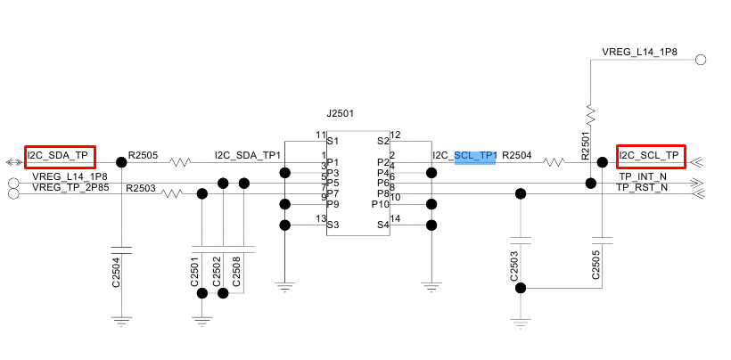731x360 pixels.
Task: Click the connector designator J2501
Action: [341, 114]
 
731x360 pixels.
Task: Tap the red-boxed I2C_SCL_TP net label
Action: [651, 156]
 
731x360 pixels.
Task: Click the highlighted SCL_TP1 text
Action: [475, 156]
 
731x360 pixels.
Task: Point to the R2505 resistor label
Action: [143, 155]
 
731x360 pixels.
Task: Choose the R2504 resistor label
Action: [516, 155]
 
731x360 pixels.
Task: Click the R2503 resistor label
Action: [141, 188]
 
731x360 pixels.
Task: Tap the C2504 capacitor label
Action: [116, 271]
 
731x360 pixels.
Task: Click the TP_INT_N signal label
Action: [643, 177]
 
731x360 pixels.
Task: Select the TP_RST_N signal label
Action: [642, 188]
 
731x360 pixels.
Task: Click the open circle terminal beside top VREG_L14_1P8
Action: [701, 60]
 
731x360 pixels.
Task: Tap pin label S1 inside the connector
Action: [333, 141]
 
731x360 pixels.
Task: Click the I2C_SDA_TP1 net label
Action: [248, 155]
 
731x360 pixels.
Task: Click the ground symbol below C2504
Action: [123, 318]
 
